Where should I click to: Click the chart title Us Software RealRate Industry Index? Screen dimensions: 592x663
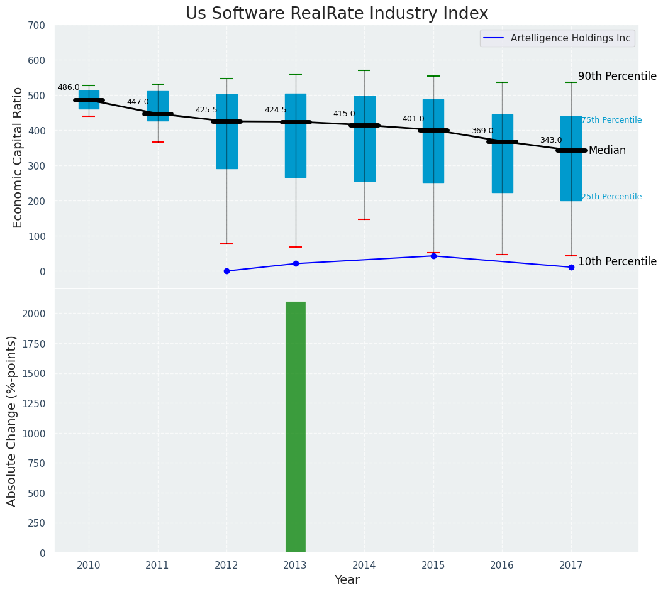[x=337, y=14]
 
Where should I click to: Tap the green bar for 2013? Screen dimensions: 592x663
[x=296, y=427]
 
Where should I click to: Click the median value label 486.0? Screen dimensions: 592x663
[x=69, y=87]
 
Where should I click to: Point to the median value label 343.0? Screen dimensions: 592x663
[x=551, y=140]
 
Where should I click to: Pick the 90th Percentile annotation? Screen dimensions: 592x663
[x=617, y=76]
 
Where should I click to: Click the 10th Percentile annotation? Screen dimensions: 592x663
[x=617, y=261]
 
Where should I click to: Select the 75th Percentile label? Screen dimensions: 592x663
[x=611, y=120]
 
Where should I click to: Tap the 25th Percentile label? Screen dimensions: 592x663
[x=611, y=197]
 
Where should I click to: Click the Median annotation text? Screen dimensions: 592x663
[x=607, y=150]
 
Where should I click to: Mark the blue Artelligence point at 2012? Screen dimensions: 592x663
[x=226, y=271]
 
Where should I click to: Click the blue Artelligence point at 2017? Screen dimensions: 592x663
[x=571, y=267]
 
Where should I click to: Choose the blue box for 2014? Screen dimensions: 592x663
[x=364, y=139]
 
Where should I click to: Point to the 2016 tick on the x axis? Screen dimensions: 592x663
[x=502, y=566]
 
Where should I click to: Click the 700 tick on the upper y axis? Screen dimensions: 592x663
[x=35, y=25]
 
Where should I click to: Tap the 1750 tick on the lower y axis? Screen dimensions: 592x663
[x=33, y=373]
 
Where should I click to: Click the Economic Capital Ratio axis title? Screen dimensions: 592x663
[x=18, y=157]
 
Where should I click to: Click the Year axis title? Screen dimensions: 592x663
[x=347, y=580]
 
